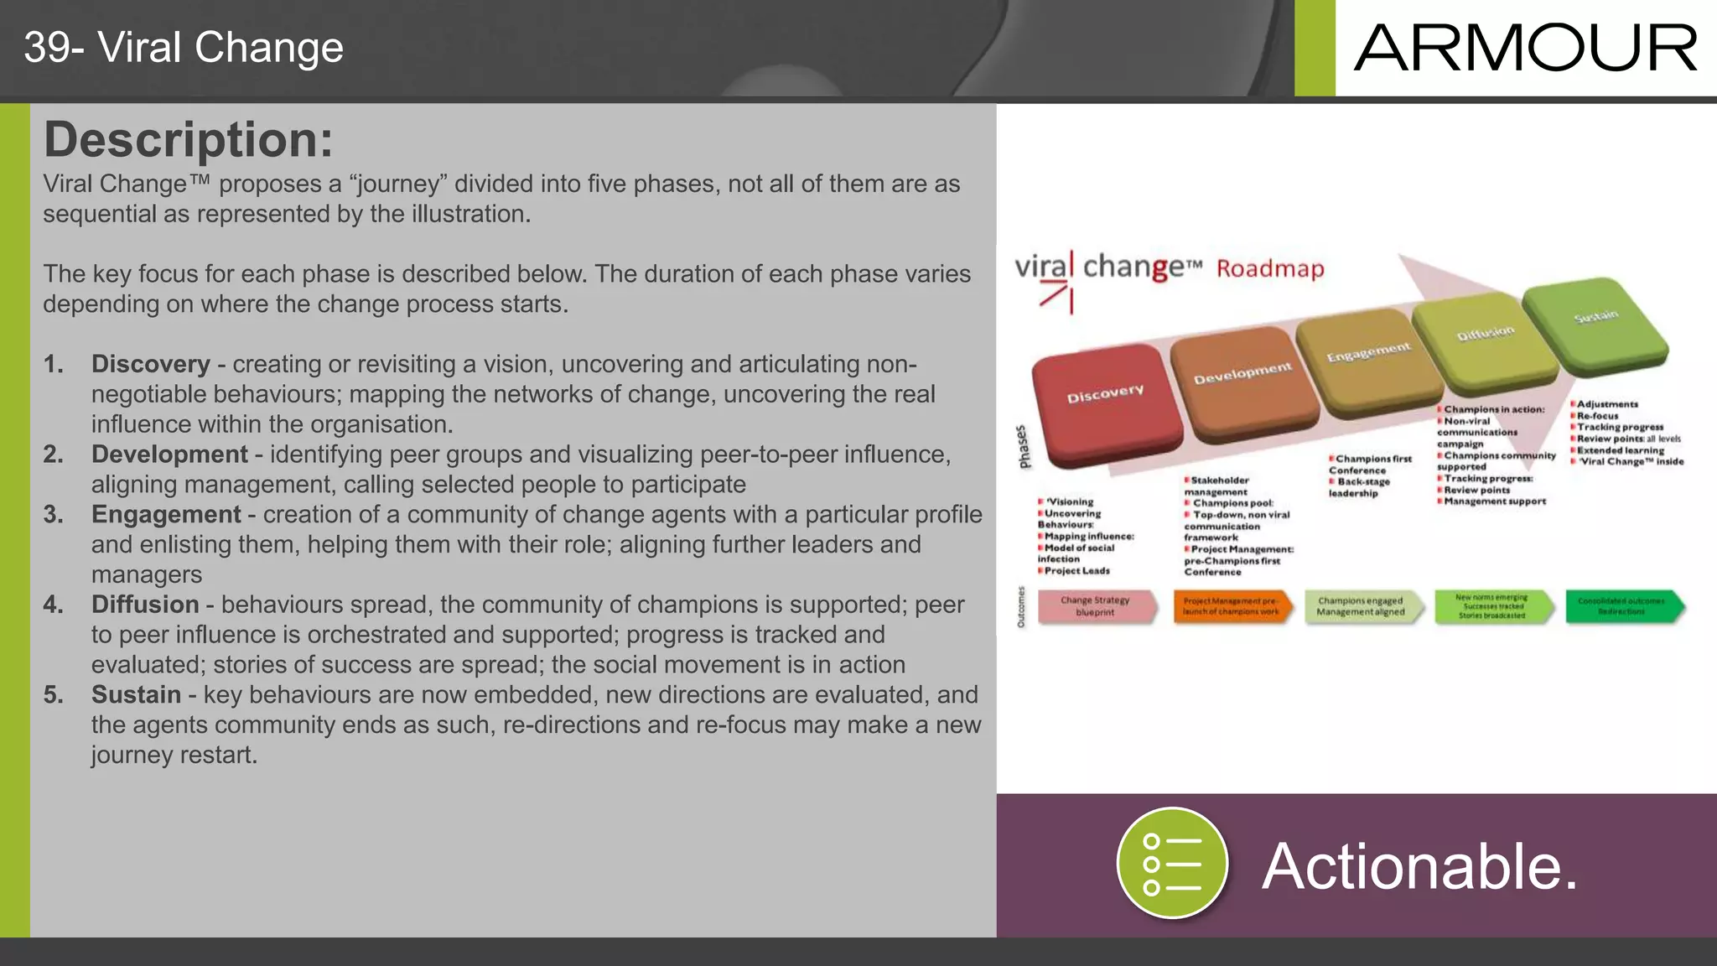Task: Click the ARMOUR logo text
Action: pos(1525,48)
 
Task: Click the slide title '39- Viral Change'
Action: pos(184,48)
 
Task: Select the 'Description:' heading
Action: pos(189,139)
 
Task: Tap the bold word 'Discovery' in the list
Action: pos(151,364)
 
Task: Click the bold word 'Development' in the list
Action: pos(169,454)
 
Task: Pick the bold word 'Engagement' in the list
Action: pos(166,515)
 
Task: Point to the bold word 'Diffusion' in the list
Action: pos(145,605)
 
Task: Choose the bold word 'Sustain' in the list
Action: pos(136,695)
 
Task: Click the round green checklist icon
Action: pos(1172,864)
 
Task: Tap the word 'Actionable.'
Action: pos(1419,866)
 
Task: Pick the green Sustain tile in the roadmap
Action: pos(1593,323)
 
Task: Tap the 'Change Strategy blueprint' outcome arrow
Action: pos(1096,606)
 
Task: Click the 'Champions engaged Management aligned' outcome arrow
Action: pos(1362,606)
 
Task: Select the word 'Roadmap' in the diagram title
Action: pos(1270,269)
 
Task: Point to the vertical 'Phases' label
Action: pos(1023,447)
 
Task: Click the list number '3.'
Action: pos(54,515)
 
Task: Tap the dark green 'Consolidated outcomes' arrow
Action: pos(1621,606)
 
